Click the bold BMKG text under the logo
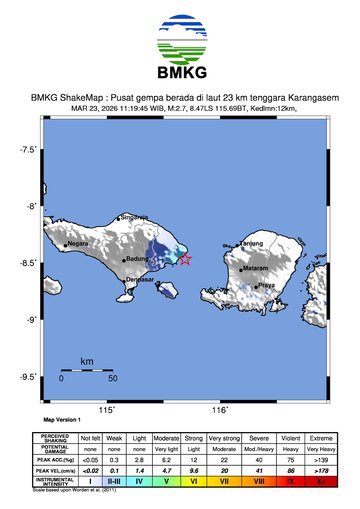coord(180,73)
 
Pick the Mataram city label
coord(256,268)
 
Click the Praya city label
coord(266,285)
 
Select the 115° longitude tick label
coord(106,410)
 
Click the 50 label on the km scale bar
coord(113,379)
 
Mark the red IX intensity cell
coord(291,481)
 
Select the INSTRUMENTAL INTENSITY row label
coord(54,481)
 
